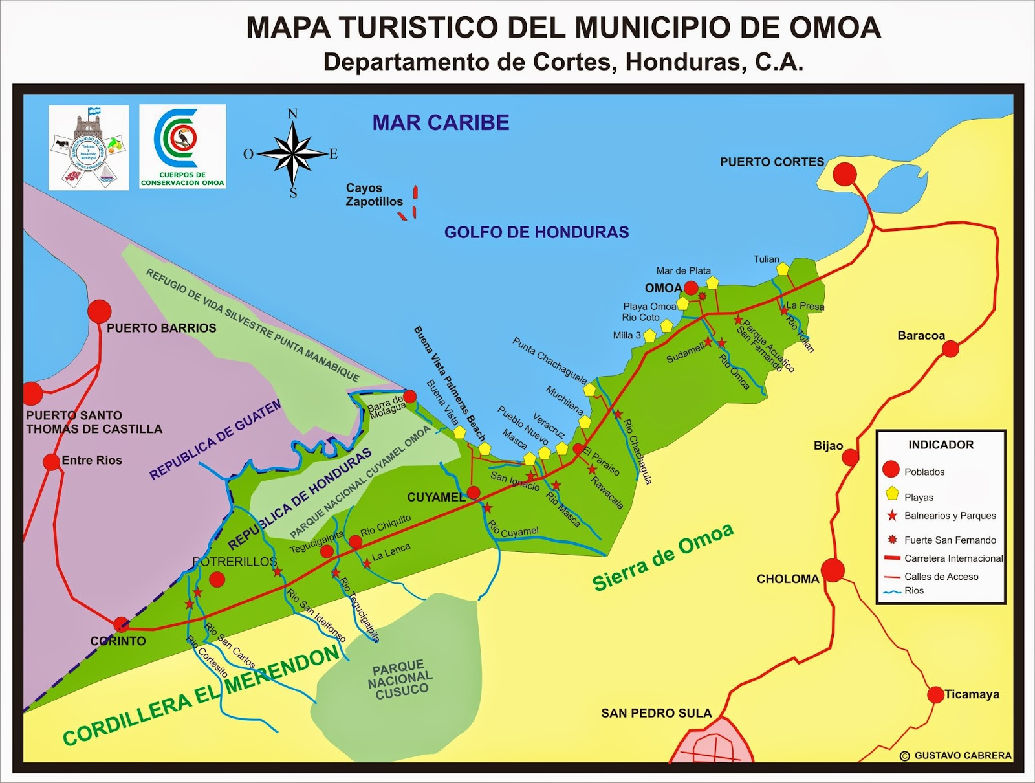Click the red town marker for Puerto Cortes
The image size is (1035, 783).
[x=844, y=173]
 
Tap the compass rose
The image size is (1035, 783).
[x=292, y=153]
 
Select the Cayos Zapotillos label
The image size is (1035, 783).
[x=374, y=195]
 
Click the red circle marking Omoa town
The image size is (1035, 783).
[x=691, y=288]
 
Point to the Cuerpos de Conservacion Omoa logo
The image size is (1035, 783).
[x=182, y=146]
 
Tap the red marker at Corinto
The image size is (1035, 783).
[x=121, y=624]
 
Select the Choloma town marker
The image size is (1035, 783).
[x=833, y=570]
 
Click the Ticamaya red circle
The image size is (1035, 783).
[x=935, y=694]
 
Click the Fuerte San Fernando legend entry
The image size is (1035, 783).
[x=950, y=540]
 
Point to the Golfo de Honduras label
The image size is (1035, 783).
[x=536, y=232]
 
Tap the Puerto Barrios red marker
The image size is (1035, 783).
[x=100, y=311]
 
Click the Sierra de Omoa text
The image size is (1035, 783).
[x=663, y=557]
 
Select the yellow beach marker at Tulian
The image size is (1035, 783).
[x=783, y=269]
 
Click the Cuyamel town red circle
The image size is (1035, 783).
[x=474, y=493]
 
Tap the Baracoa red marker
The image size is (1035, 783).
[x=950, y=349]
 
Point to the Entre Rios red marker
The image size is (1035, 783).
[x=52, y=462]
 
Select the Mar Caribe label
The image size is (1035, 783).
[x=441, y=122]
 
